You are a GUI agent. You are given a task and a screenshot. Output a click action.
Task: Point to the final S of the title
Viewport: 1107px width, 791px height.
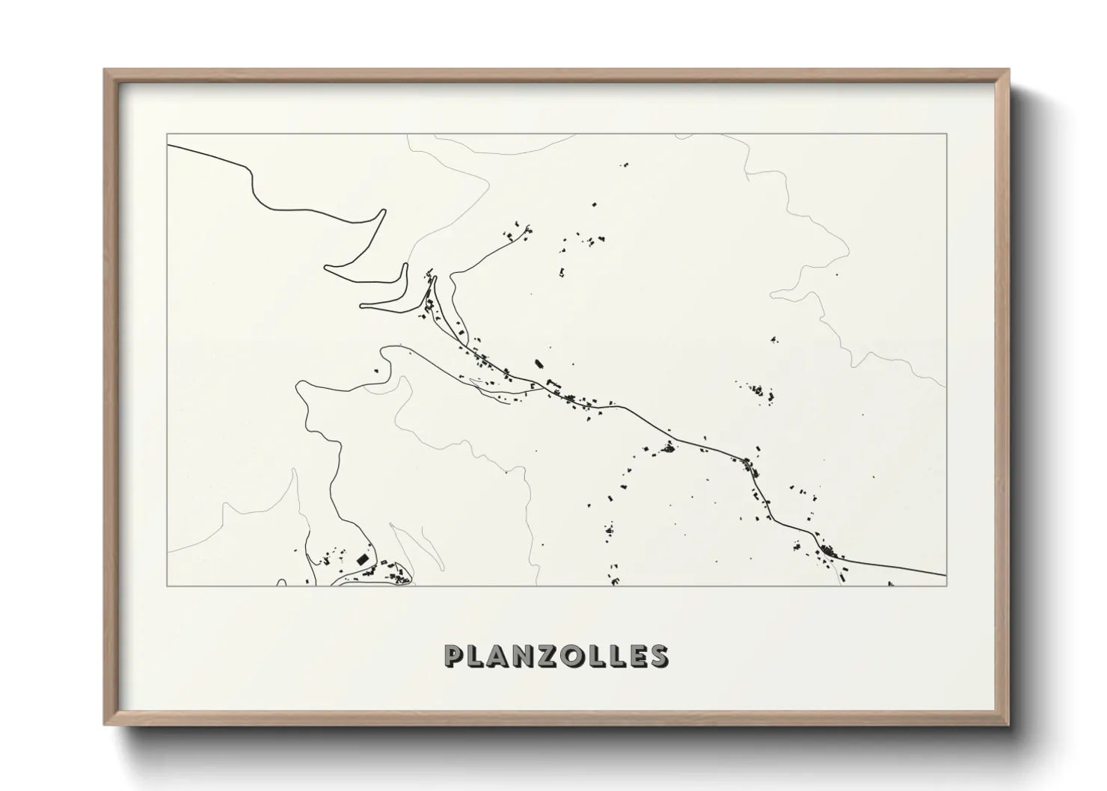(x=659, y=656)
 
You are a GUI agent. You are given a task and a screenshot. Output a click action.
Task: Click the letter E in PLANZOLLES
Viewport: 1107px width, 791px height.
(x=637, y=656)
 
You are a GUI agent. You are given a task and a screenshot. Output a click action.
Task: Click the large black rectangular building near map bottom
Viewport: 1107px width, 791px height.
(x=363, y=558)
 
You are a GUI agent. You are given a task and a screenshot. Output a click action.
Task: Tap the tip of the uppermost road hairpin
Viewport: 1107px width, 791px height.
(x=384, y=212)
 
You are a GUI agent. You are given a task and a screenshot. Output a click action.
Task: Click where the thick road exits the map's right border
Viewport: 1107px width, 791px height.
(x=946, y=576)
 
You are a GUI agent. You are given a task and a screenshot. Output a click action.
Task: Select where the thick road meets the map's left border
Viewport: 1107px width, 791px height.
(x=168, y=145)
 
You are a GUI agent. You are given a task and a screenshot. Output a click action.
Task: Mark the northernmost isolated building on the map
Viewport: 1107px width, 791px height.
(x=625, y=164)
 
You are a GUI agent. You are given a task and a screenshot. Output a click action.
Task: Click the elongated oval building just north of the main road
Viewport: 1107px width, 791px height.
(x=537, y=365)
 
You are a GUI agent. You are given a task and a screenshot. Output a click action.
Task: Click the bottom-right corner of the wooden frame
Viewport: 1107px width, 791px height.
(x=1009, y=724)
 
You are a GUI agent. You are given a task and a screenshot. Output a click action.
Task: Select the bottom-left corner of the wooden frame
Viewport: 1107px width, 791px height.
(x=105, y=724)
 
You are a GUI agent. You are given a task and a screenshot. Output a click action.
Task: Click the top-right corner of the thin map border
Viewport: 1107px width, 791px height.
(x=946, y=134)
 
